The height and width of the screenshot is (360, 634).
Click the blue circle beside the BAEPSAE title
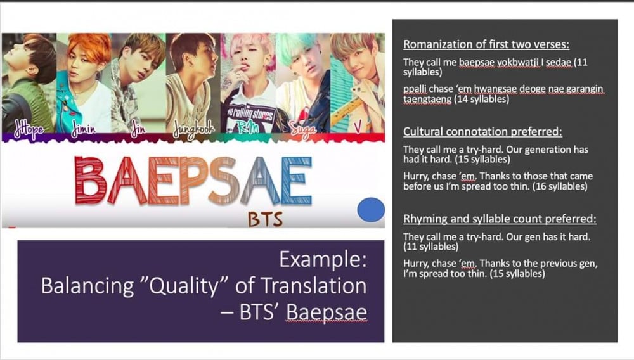[371, 210]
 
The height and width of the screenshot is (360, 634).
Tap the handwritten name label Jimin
[84, 129]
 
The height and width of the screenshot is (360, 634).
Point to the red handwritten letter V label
[358, 127]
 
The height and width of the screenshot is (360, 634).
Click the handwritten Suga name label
[303, 130]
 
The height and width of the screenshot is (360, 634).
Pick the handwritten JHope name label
[29, 129]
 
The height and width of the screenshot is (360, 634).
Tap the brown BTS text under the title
[265, 219]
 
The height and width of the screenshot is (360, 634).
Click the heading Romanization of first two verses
[486, 44]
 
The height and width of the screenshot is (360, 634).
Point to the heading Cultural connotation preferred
[482, 131]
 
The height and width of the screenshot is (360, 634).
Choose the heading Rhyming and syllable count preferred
[500, 219]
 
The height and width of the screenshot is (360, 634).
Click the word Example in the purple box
[323, 259]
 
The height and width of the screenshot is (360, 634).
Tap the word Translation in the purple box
[313, 285]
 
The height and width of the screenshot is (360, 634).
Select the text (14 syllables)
[482, 99]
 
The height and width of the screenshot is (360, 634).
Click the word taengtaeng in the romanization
[427, 100]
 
